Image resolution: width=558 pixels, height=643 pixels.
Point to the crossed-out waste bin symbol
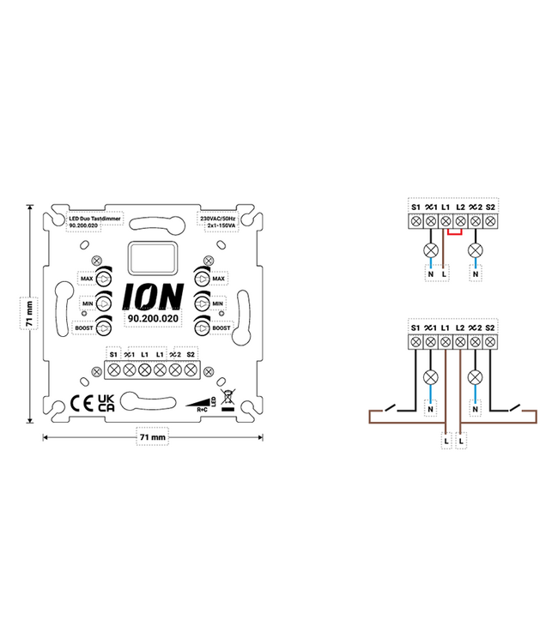pyautogui.click(x=227, y=399)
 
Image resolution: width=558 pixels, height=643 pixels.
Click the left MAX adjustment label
pyautogui.click(x=86, y=279)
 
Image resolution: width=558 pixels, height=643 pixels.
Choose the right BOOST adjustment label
pyautogui.click(x=221, y=328)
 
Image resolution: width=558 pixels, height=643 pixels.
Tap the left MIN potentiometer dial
pyautogui.click(x=104, y=303)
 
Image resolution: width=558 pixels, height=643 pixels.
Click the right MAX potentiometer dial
pyautogui.click(x=201, y=279)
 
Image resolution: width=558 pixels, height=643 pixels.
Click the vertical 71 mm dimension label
pyautogui.click(x=29, y=313)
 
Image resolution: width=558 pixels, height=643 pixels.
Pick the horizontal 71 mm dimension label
pyautogui.click(x=152, y=437)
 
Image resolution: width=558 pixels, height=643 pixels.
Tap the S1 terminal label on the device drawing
pyautogui.click(x=112, y=353)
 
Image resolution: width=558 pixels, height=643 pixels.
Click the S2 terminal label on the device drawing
pyautogui.click(x=191, y=353)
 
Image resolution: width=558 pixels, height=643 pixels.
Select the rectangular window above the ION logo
pyautogui.click(x=152, y=256)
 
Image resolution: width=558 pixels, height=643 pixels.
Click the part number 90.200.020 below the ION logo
pyautogui.click(x=152, y=318)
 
